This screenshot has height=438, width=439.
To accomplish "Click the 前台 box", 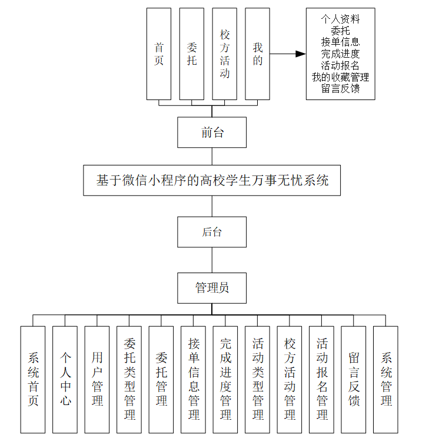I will tap(212, 132).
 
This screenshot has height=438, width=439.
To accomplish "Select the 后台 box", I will tap(212, 232).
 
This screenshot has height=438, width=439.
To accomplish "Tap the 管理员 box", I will tap(212, 288).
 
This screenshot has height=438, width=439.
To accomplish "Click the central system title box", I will tap(212, 181).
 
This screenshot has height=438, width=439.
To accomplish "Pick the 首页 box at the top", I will tap(159, 54).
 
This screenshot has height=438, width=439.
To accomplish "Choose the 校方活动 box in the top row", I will tap(224, 54).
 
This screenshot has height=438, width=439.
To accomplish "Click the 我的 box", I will tap(257, 54).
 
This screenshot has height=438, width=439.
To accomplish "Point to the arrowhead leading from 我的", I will tap(301, 54).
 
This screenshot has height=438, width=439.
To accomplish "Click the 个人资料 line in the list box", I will tap(340, 19).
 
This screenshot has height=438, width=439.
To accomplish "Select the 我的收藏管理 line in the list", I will tap(340, 77).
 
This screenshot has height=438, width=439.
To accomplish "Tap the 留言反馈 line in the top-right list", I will tap(340, 89).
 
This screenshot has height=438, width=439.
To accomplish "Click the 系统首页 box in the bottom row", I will tap(33, 380).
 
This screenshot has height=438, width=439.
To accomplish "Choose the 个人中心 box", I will tap(65, 380).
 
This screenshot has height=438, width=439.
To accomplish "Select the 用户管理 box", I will tap(97, 380).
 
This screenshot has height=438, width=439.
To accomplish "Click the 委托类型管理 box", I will tap(129, 380).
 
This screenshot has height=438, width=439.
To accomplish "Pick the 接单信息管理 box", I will tap(194, 380).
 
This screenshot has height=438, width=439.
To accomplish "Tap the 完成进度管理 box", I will tap(225, 380).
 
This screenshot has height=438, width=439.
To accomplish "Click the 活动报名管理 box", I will tap(322, 380).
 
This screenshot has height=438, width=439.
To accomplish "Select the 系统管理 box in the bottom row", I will tap(385, 380).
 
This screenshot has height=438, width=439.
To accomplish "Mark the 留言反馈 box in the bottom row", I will tap(354, 380).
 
